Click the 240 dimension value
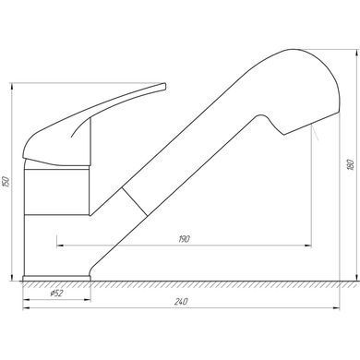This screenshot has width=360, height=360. (181, 302)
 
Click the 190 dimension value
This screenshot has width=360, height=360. (184, 239)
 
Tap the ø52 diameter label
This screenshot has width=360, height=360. (56, 294)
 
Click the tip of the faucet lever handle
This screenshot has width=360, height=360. (164, 86)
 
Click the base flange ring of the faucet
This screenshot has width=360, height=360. (56, 278)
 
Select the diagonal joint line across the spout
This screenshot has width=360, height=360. (135, 201)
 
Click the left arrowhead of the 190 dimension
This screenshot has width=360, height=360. (60, 246)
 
